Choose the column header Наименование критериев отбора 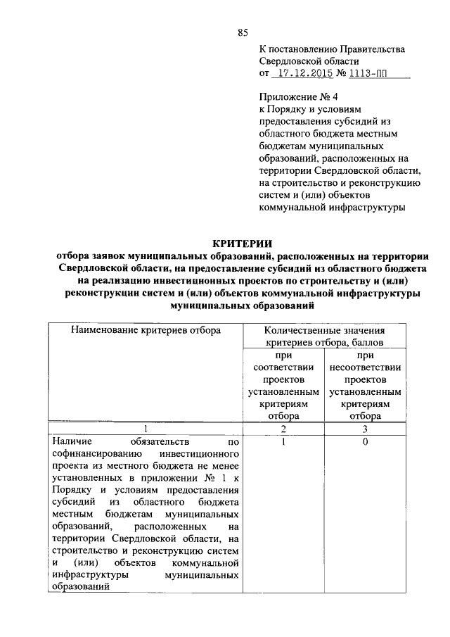tap(146, 329)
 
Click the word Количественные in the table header tap(307, 329)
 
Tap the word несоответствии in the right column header tap(365, 367)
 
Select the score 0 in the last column tap(365, 441)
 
